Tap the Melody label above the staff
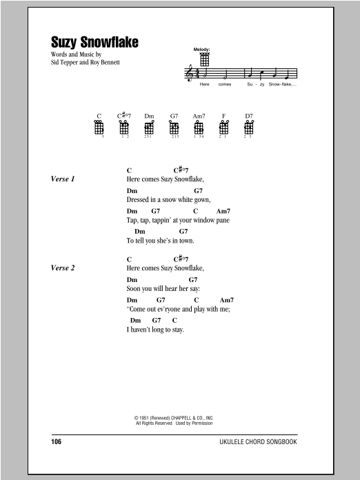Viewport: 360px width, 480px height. point(202,50)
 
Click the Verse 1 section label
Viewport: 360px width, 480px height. point(63,179)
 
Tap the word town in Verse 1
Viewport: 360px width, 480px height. point(187,241)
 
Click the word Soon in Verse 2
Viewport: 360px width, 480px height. point(134,289)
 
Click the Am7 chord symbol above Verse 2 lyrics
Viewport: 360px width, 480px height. point(227,300)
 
